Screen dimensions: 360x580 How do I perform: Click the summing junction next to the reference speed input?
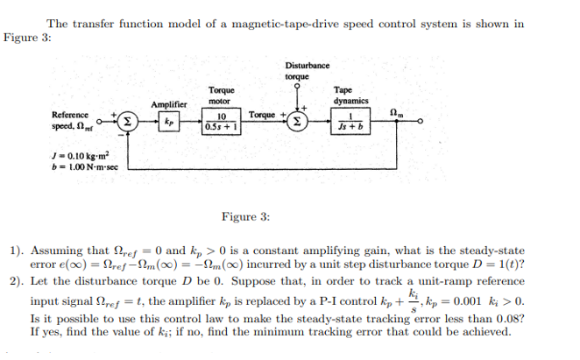pos(126,121)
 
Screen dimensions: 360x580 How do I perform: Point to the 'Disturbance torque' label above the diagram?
pos(308,71)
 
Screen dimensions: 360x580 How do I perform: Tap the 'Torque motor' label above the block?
pos(221,95)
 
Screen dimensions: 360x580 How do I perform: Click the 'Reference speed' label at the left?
pos(70,120)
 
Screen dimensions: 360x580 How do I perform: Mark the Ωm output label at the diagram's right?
pos(398,109)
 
